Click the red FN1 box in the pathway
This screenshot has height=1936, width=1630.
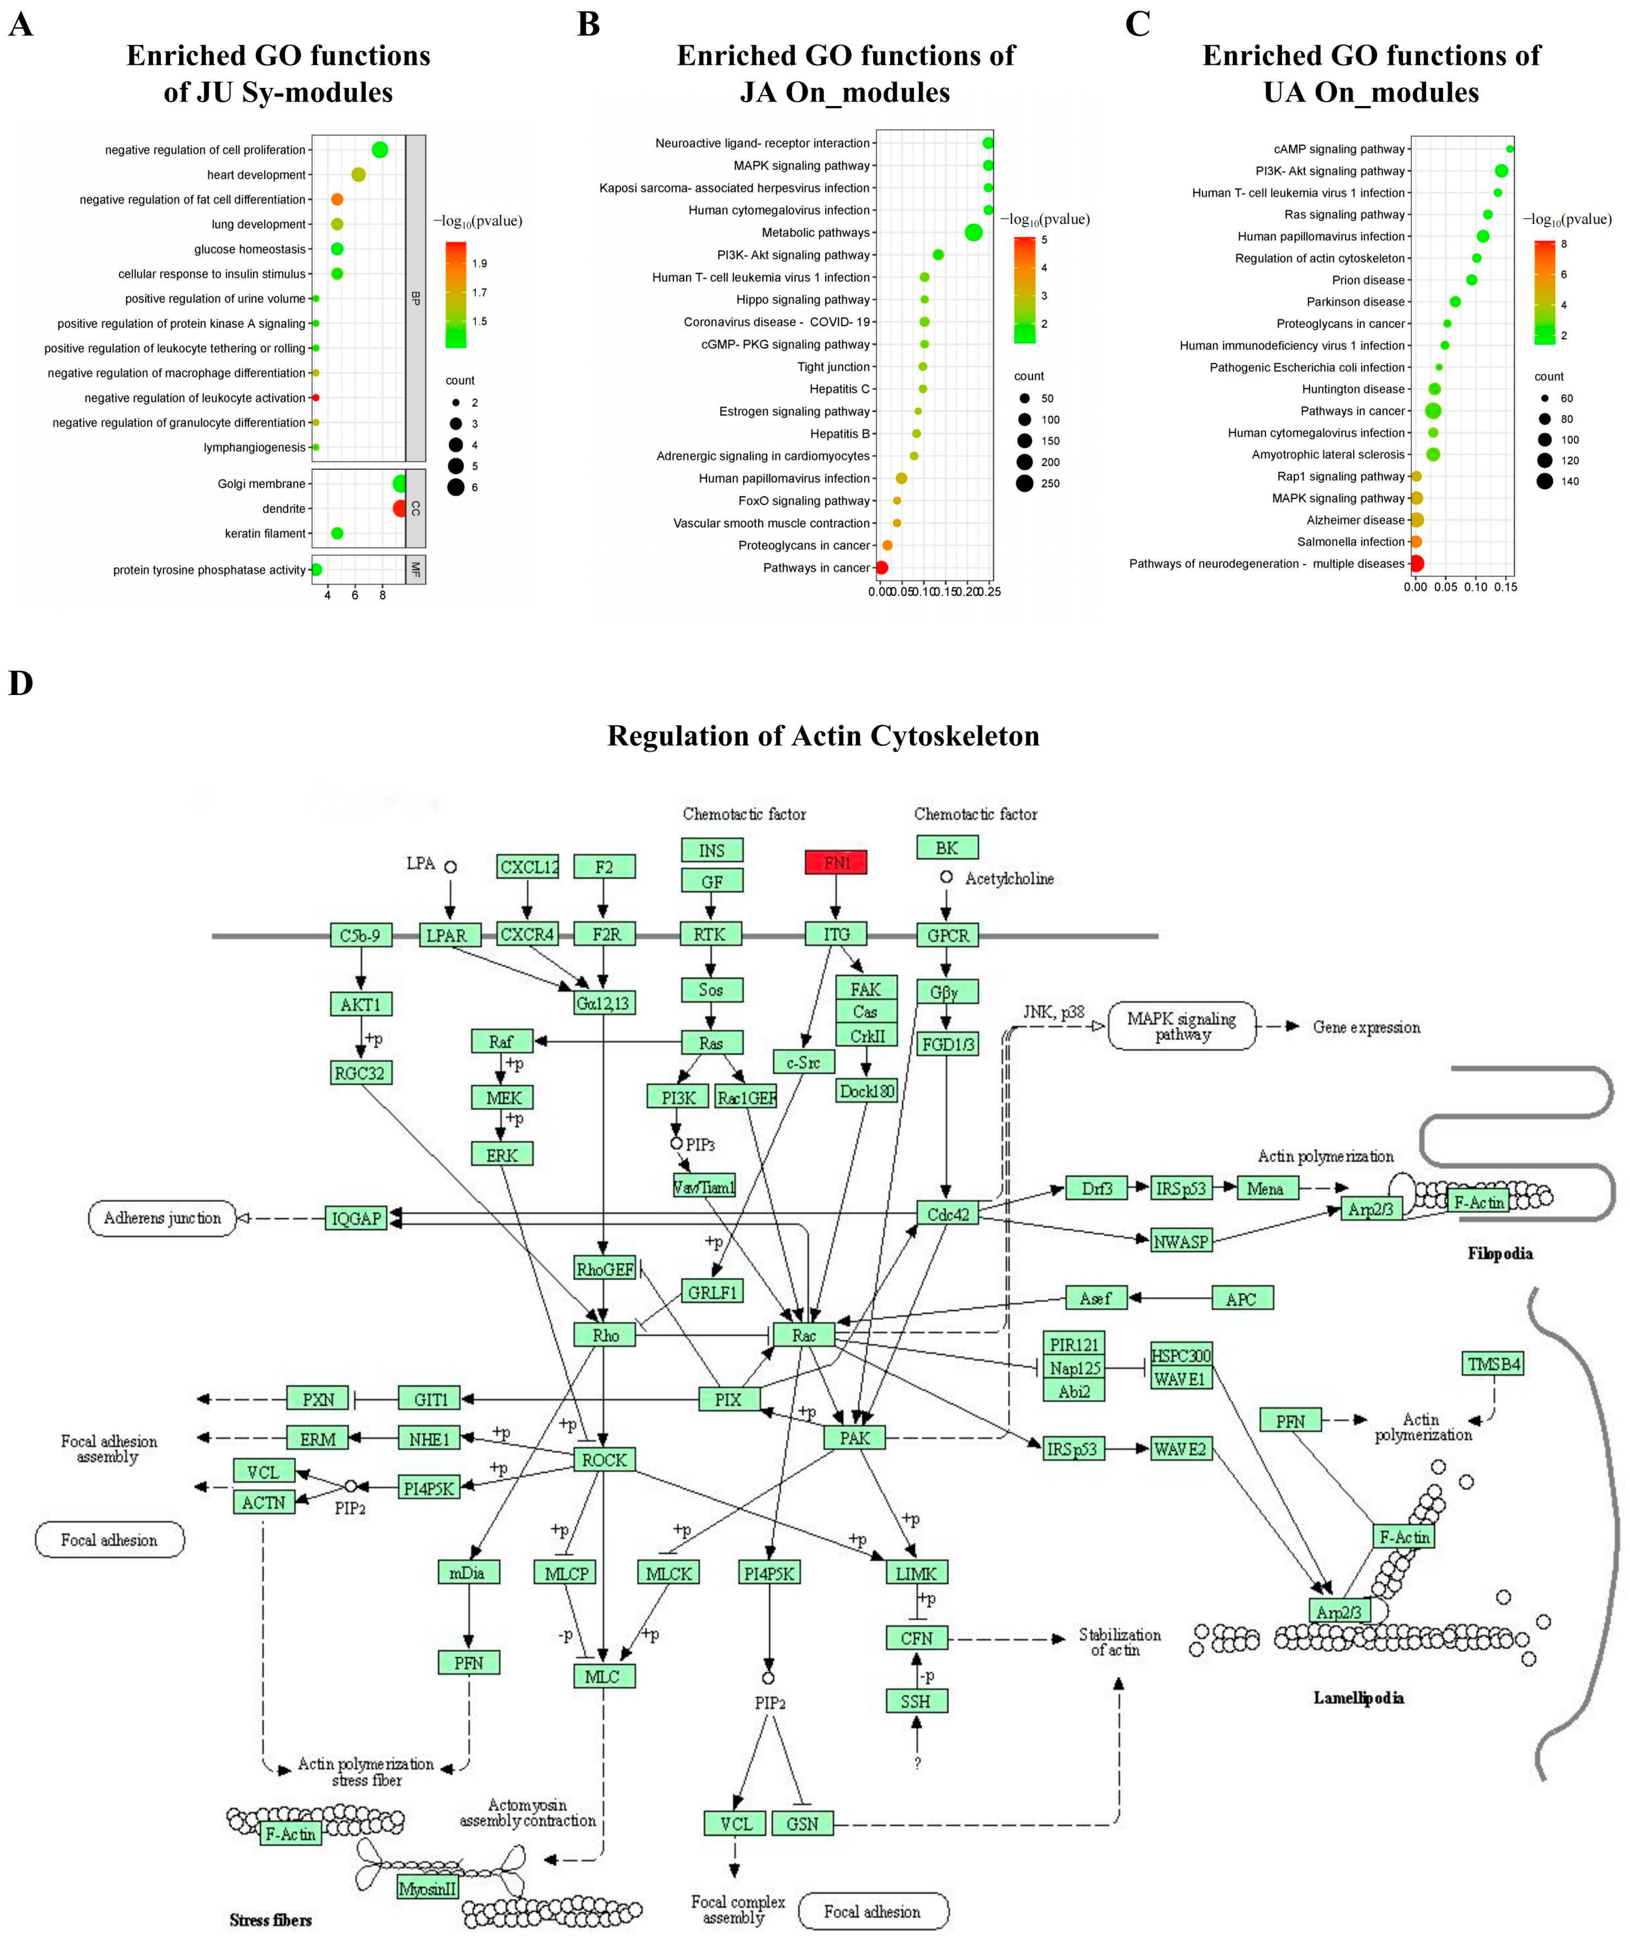[x=835, y=862]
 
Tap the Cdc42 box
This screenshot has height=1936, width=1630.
[x=947, y=1213]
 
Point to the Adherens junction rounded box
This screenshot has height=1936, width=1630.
[x=162, y=1218]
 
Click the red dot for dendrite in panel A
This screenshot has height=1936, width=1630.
[x=399, y=508]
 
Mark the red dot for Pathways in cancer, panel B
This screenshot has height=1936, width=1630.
[x=881, y=568]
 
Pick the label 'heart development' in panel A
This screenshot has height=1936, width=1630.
[x=256, y=175]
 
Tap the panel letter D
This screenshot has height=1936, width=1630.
[x=20, y=684]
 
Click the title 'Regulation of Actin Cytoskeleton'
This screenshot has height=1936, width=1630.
[x=822, y=736]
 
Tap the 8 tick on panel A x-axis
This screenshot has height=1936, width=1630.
[x=383, y=595]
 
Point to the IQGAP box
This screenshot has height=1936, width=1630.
[x=356, y=1218]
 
